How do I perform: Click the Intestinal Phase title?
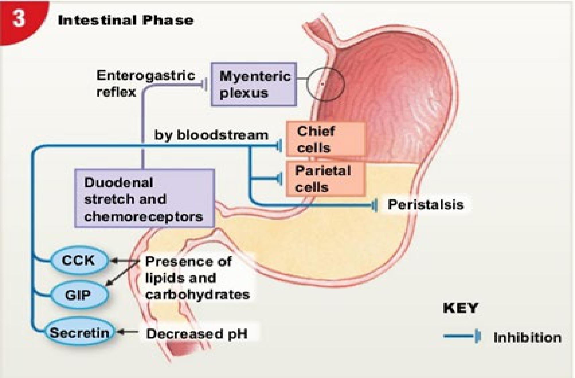point(126,20)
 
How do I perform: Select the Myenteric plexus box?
point(254,84)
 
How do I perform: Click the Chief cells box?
point(325,139)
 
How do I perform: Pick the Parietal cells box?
point(325,179)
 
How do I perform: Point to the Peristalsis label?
point(426,204)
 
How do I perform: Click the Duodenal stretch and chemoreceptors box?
point(144,198)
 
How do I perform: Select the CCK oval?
point(78,260)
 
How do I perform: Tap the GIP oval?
point(78,295)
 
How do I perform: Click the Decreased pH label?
point(197,334)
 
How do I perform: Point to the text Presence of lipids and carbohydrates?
point(197,278)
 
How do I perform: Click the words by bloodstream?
point(211,135)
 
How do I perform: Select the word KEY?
point(461,308)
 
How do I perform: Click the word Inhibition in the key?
point(527,338)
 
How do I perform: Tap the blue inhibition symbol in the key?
point(462,336)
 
